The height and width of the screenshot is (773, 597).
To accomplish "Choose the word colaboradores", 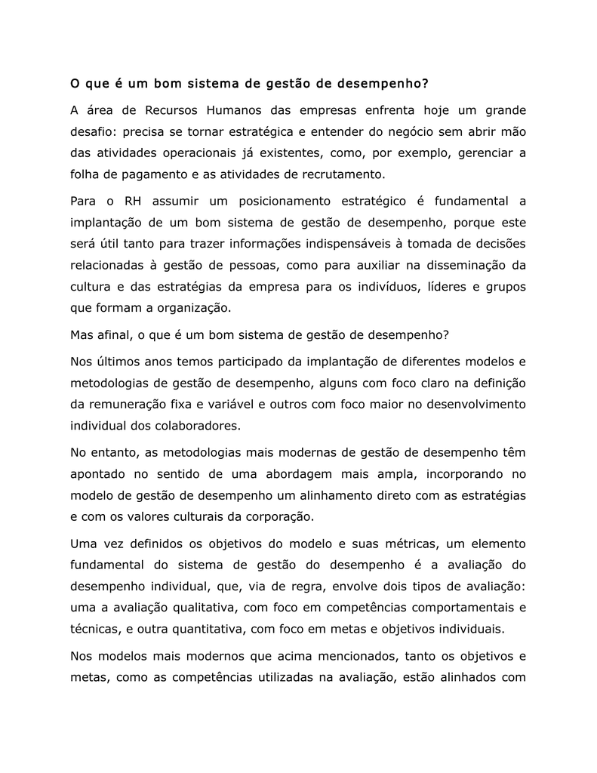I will (192, 425).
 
